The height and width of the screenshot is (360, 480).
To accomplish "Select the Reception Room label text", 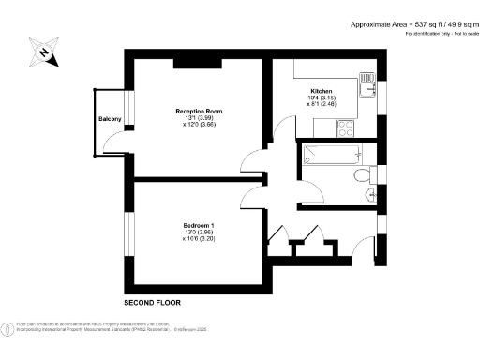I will [199, 111].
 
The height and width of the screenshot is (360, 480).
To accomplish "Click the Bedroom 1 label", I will [199, 224].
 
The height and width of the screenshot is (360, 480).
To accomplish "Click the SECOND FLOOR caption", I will [153, 303].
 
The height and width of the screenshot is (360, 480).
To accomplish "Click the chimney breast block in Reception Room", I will [197, 63].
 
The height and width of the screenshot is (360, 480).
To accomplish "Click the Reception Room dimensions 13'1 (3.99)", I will [199, 117].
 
